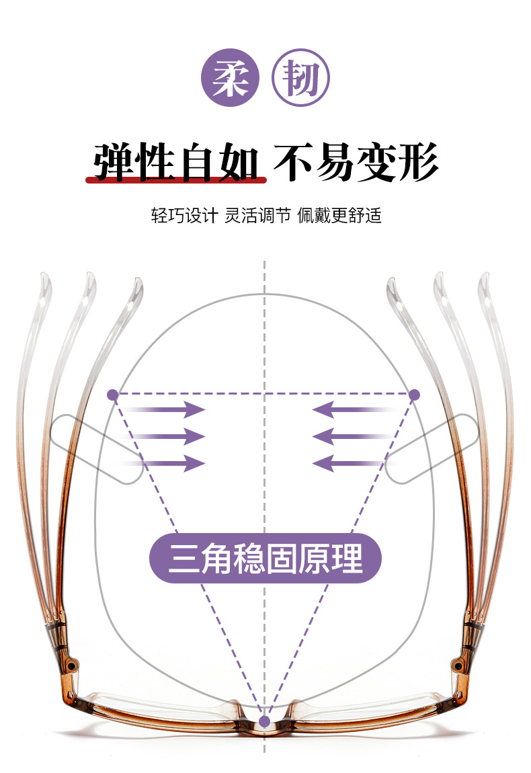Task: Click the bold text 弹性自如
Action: coord(176,161)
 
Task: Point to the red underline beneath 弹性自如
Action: coord(176,180)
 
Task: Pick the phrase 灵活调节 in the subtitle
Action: coord(257,216)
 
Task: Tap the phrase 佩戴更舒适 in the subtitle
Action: coord(339,216)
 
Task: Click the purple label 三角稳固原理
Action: coord(265,558)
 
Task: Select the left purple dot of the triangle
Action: coord(113,394)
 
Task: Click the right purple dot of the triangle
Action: coord(414,394)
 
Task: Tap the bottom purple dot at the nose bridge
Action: coord(264,721)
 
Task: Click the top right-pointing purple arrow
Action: coord(168,409)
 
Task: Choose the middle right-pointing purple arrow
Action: coord(168,436)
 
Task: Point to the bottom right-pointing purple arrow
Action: coord(168,462)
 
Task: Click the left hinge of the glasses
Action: coord(66,645)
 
